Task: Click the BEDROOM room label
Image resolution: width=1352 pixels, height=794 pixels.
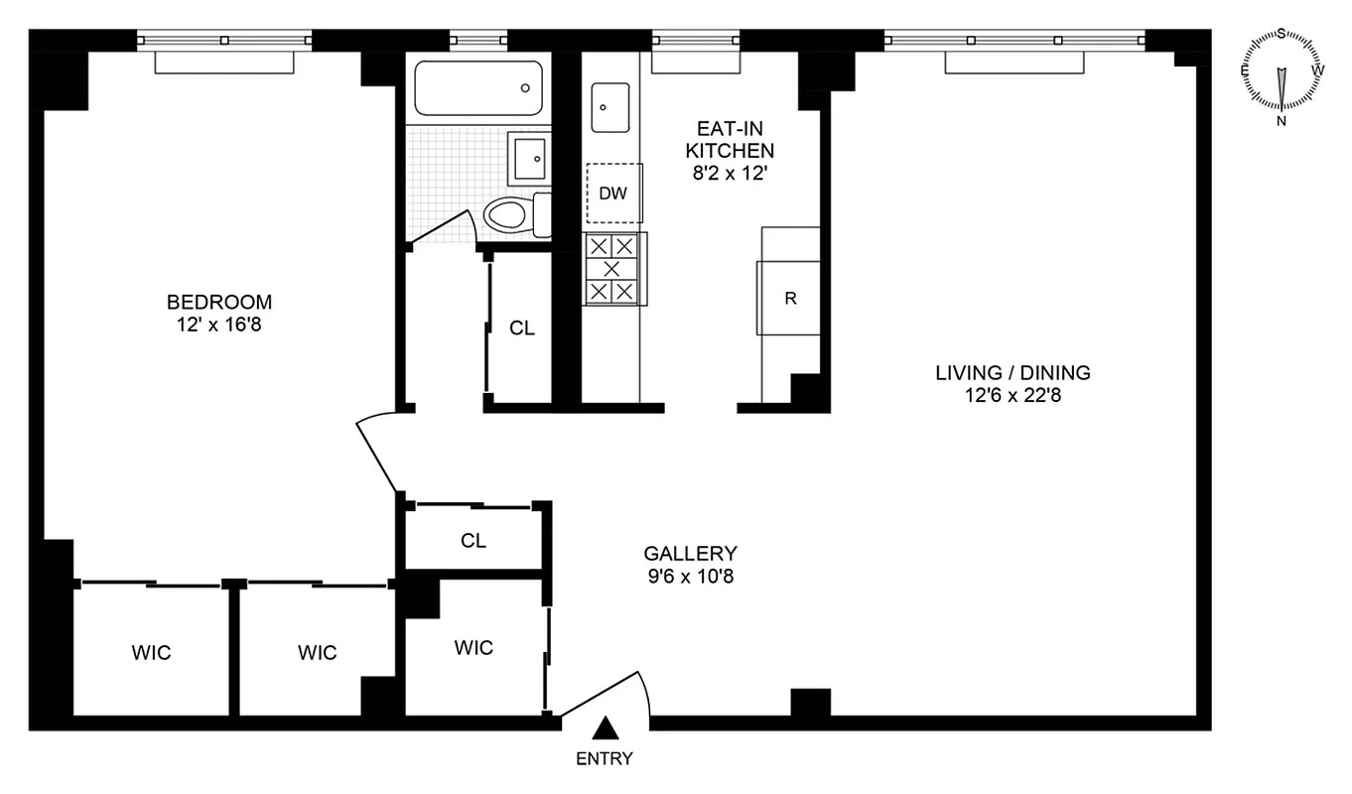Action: [218, 302]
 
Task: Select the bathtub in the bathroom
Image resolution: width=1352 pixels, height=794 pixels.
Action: [478, 88]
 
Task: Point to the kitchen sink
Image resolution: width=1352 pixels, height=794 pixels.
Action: [610, 107]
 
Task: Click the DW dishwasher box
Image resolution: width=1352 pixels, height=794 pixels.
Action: [613, 193]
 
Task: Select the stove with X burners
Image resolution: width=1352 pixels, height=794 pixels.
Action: [612, 268]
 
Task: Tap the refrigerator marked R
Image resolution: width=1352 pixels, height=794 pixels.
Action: [790, 298]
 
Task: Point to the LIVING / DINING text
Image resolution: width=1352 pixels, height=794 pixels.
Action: [1013, 373]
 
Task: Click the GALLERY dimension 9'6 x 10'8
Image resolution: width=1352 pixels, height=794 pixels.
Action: [690, 575]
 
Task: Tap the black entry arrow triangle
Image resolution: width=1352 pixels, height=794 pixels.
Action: [606, 730]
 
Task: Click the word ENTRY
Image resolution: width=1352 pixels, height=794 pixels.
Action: [605, 759]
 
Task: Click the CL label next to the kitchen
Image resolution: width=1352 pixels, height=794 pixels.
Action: [522, 329]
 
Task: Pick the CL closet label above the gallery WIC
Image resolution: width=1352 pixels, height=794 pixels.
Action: [473, 541]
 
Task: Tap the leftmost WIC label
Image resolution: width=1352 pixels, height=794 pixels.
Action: [151, 652]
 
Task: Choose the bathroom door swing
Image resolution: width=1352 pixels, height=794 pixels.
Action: [442, 227]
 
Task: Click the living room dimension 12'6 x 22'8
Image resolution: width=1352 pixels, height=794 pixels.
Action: [1013, 395]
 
